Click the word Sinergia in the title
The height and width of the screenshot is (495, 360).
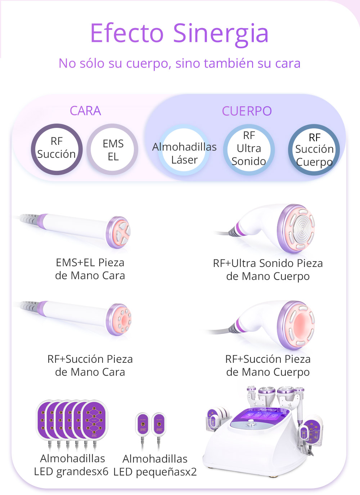coord(221,33)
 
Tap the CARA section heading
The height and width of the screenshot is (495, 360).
coord(85,111)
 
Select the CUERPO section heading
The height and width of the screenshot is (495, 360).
coord(247,111)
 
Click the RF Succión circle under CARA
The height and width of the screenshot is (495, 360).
coord(57,149)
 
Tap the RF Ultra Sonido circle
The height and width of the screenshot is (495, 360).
coord(249,149)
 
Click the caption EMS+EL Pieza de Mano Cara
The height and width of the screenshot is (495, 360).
coord(90,269)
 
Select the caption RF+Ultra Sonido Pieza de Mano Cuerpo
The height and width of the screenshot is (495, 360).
coord(268,270)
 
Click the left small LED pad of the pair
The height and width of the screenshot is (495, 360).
coord(143,425)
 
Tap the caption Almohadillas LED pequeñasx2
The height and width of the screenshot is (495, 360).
coord(155,465)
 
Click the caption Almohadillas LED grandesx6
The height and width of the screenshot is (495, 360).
coord(72,465)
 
